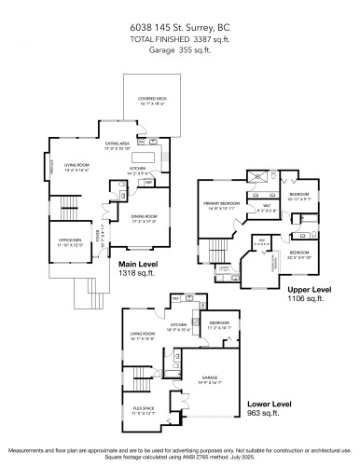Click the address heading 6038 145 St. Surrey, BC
pos(180,30)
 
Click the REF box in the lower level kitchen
pos(174,298)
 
